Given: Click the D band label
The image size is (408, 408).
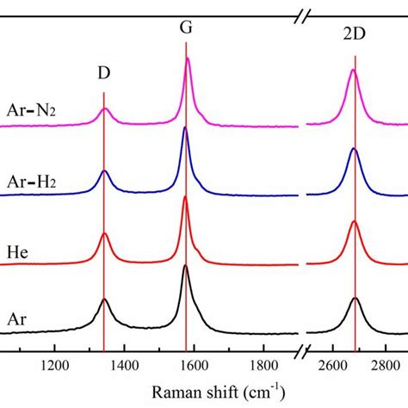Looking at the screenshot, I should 103,74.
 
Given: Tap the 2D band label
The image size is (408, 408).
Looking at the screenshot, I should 354,39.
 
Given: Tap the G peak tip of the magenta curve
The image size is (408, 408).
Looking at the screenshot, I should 188,59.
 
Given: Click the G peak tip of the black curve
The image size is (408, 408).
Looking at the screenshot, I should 185,266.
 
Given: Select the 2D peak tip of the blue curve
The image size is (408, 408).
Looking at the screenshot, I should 354,150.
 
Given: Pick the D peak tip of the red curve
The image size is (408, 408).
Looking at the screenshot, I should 105,233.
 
